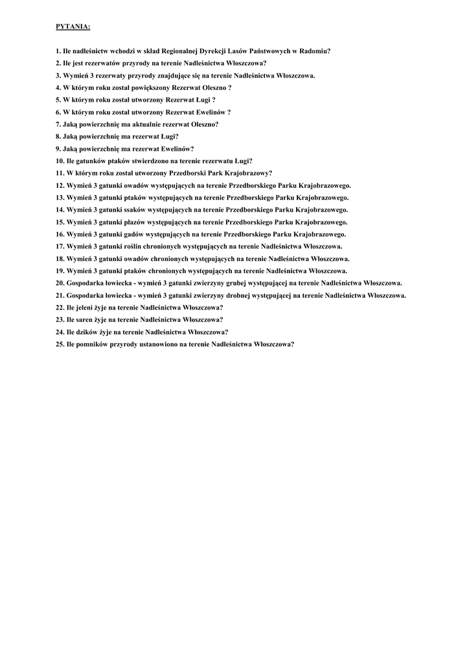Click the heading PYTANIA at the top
[73, 27]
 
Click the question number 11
[60, 173]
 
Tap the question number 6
[58, 112]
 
